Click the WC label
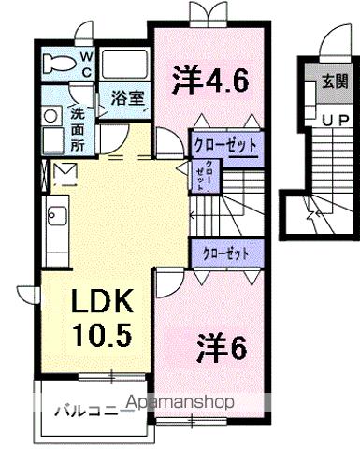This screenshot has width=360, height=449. (x=84, y=64)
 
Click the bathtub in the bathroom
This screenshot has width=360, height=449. (x=123, y=65)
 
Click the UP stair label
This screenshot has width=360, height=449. (x=334, y=122)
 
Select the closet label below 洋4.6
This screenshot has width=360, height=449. (x=225, y=145)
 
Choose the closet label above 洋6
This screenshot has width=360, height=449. (x=225, y=252)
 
